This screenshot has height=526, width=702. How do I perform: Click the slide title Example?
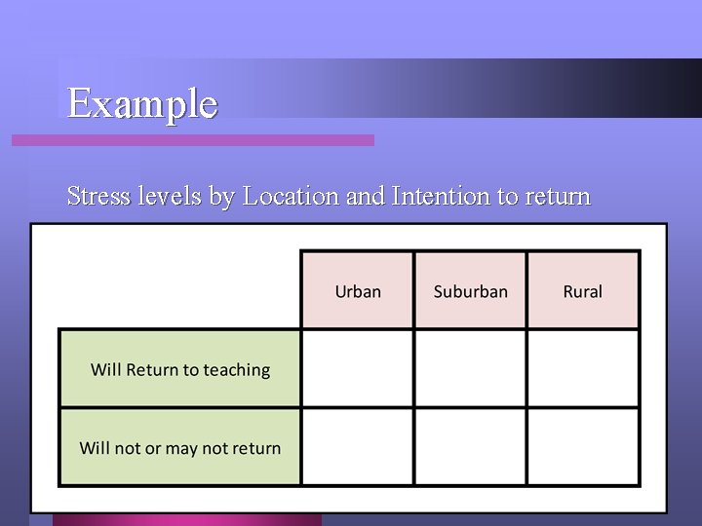(142, 102)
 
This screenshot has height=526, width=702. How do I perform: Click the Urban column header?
(358, 291)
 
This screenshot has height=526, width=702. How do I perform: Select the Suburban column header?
(470, 291)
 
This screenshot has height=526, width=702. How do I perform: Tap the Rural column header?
(583, 291)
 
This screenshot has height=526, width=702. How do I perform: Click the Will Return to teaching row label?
(180, 369)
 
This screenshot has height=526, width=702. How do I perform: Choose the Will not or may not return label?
(180, 448)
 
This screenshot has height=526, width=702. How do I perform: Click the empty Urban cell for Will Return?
(358, 368)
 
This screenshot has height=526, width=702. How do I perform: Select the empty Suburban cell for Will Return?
(470, 368)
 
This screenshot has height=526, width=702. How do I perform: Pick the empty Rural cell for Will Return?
(583, 368)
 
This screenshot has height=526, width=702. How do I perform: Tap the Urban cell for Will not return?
(358, 446)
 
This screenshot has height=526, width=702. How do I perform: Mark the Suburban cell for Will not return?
(470, 446)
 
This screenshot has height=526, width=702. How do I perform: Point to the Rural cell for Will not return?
(583, 446)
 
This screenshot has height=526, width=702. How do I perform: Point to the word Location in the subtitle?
(291, 196)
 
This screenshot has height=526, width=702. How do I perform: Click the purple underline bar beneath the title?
(193, 140)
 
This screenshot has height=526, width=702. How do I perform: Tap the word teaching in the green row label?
(237, 370)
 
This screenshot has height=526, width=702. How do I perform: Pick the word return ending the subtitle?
(558, 196)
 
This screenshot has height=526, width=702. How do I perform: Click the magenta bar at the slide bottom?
(185, 519)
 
